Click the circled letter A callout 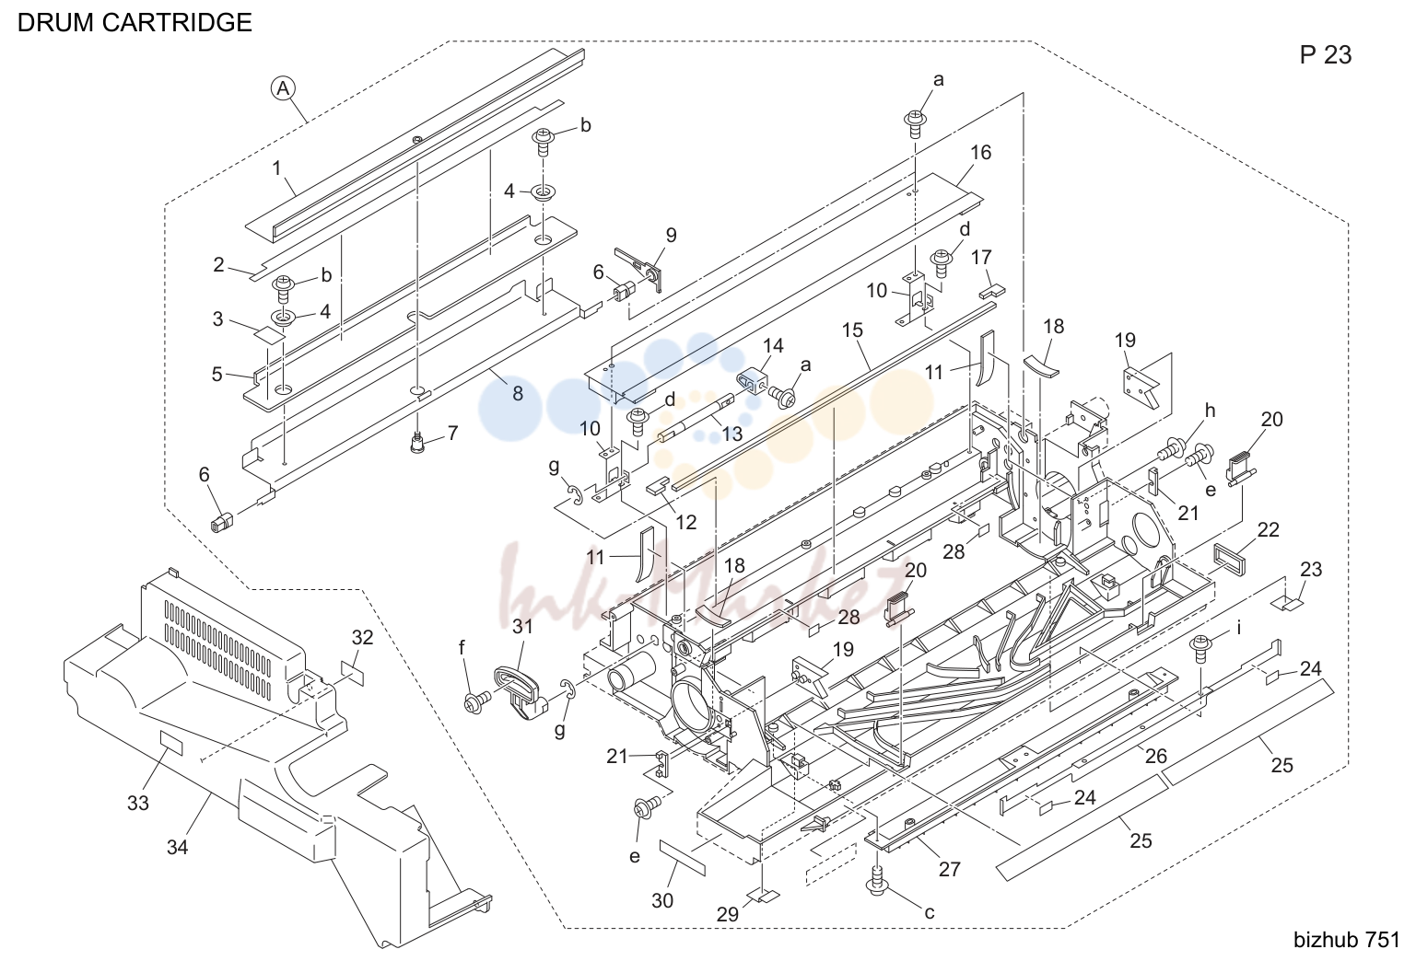pos(283,87)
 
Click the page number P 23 pos(1326,55)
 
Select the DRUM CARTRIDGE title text pos(135,23)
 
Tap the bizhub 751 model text pos(1347,940)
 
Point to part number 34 pos(177,847)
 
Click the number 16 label pos(981,152)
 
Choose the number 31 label pos(522,626)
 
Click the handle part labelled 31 pos(521,691)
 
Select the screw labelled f pos(476,701)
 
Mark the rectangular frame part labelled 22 pos(1229,559)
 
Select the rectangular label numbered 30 pos(683,857)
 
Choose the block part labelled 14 pos(753,381)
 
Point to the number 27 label pos(950,870)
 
